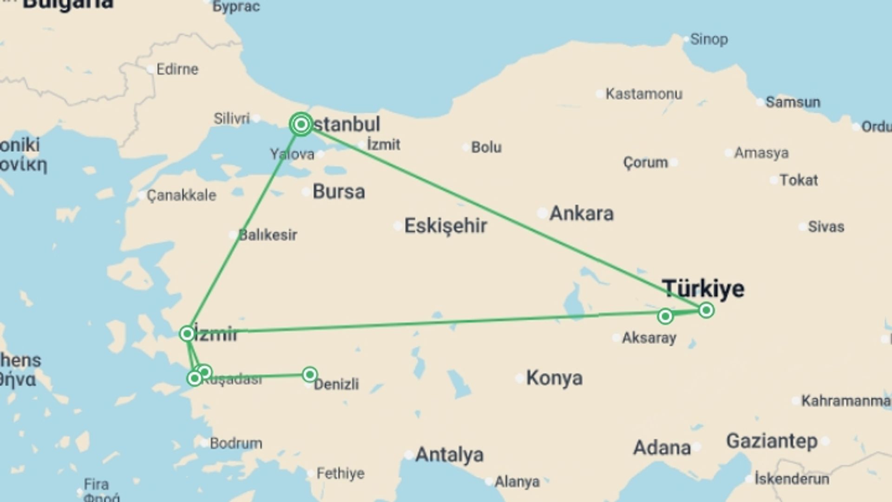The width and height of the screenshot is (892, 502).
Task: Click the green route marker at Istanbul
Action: (301, 124)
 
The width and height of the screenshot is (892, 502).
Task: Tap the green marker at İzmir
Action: (187, 333)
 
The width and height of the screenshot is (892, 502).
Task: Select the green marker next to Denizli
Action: (310, 374)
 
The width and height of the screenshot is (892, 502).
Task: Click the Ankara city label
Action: (581, 213)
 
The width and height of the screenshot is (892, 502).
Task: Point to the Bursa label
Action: (339, 192)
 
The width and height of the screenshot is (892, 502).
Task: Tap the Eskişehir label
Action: (446, 226)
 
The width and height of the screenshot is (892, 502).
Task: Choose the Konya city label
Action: (554, 378)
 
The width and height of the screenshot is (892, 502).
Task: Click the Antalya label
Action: (449, 455)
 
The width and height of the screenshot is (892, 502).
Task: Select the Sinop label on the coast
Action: (708, 39)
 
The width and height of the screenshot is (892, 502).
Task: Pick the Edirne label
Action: (177, 69)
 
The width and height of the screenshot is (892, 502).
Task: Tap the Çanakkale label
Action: (181, 195)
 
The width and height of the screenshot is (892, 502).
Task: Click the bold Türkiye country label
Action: (703, 289)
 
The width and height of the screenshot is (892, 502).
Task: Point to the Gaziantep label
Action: (772, 441)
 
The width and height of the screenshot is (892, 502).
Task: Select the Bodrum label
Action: (236, 443)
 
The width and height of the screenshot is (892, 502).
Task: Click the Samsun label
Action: (793, 102)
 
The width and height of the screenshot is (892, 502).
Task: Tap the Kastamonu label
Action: (644, 94)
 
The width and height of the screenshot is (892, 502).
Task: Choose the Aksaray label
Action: (649, 338)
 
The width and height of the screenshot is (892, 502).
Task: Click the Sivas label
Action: (826, 227)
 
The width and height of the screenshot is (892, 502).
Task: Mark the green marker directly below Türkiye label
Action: (706, 310)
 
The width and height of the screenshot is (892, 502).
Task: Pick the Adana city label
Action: (662, 448)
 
